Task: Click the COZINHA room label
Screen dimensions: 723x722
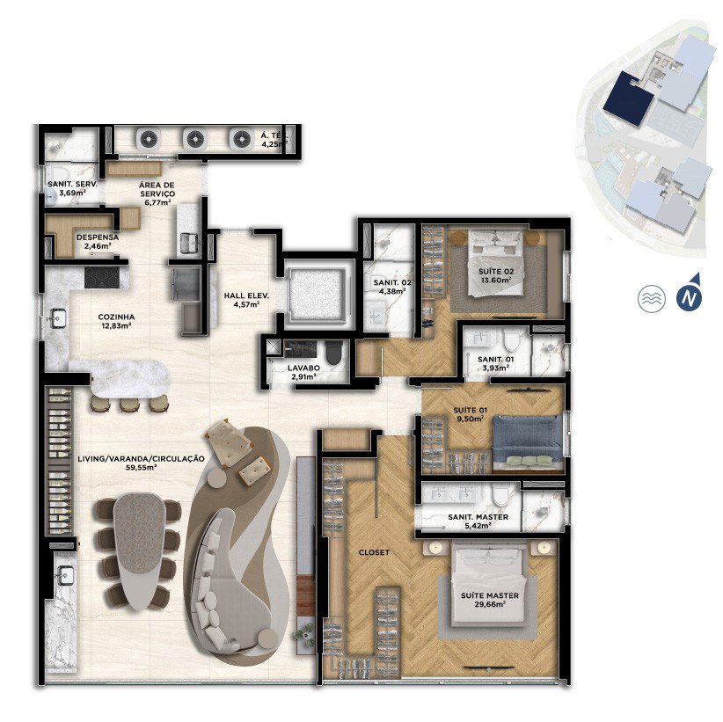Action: [x=116, y=317]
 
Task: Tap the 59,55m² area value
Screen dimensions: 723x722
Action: [x=141, y=468]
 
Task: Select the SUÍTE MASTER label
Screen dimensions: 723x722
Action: [x=490, y=595]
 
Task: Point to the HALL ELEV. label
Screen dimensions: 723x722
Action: [x=246, y=296]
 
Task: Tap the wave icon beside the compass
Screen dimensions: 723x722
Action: [x=652, y=298]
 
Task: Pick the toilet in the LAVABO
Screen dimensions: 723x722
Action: [x=334, y=353]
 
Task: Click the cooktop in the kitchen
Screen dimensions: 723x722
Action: [x=102, y=278]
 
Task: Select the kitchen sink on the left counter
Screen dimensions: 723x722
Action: [x=58, y=318]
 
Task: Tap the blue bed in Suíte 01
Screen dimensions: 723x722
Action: [x=528, y=439]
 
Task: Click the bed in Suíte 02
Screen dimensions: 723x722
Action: [x=496, y=263]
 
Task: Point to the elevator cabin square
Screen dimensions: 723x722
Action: [x=317, y=294]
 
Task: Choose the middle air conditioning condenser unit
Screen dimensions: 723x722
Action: [x=194, y=138]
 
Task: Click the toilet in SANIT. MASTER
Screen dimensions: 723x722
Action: [x=500, y=496]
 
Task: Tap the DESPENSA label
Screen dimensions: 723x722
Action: [x=98, y=237]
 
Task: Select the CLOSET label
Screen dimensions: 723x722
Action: [x=374, y=552]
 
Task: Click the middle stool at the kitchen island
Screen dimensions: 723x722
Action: [x=129, y=405]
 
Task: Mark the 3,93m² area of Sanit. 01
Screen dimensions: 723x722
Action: [x=496, y=368]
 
